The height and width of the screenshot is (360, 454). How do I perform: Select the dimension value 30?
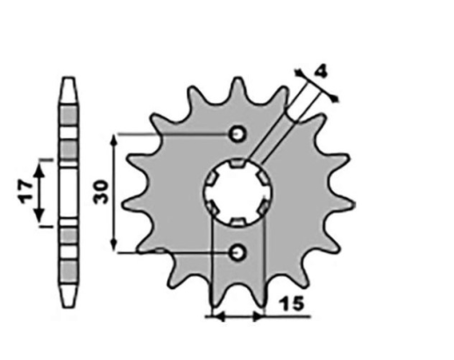click(x=103, y=192)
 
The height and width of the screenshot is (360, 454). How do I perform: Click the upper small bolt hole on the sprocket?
click(x=238, y=134)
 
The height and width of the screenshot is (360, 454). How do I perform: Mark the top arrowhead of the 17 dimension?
click(x=39, y=164)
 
